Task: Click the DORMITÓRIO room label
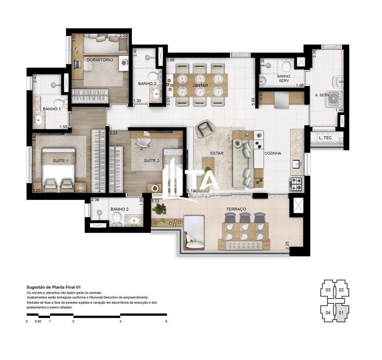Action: point(99,60)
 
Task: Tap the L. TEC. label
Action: point(326,138)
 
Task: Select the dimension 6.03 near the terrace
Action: point(155,201)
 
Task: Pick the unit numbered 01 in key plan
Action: point(341,313)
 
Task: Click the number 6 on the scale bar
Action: point(166,321)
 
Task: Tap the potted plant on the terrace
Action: point(159,208)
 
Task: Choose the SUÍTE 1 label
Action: point(60,160)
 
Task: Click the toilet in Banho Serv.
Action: point(286,65)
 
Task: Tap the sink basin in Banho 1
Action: point(38,120)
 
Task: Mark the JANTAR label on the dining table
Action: point(199,86)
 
